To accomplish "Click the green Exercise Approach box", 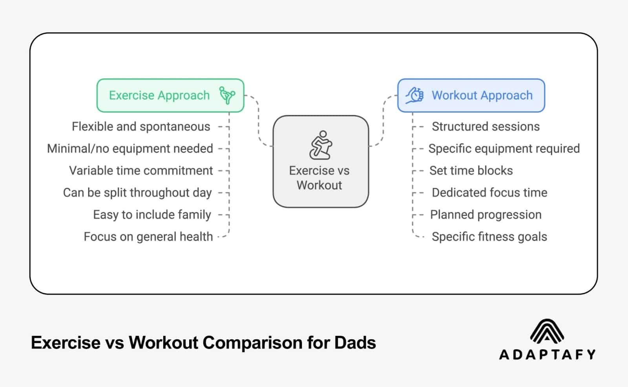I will tap(170, 95).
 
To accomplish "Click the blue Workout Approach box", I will tap(471, 95).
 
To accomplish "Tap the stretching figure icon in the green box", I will tap(227, 95).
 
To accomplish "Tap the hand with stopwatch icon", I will tap(414, 95).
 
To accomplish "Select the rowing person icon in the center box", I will tap(321, 145).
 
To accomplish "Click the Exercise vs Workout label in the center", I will tap(319, 178).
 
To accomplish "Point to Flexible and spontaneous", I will tap(141, 127).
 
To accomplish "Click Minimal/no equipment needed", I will tap(130, 149).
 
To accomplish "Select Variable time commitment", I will tap(141, 171).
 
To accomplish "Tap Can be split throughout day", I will tap(137, 193).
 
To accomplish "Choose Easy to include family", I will tap(152, 215).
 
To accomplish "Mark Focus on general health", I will tap(148, 237).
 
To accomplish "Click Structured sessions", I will tap(486, 127).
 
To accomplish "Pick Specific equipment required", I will tap(504, 149).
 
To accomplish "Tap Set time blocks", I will tap(471, 171).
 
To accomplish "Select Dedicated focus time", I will tap(489, 193).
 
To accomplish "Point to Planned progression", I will tap(486, 215).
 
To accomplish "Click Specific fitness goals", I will tap(489, 237).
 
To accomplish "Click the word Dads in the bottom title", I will tap(355, 343).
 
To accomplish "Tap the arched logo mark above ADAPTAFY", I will tap(547, 331).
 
